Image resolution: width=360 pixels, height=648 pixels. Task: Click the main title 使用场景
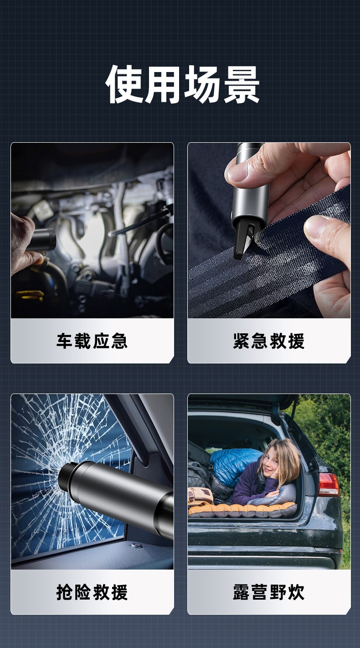point(182,84)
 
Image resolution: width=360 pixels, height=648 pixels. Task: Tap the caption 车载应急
point(92,341)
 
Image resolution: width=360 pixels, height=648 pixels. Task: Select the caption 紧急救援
point(269,341)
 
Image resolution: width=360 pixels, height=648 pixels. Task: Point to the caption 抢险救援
point(92,592)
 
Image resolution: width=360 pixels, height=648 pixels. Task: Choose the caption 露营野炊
point(269,592)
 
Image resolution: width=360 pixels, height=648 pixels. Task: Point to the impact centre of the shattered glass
point(62,477)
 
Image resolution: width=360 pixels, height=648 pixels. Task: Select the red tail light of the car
point(328,485)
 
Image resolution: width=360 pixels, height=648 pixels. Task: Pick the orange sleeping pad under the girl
point(242,511)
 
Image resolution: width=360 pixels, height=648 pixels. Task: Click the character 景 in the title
point(242,84)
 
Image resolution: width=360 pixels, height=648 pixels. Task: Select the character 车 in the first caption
point(65,341)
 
